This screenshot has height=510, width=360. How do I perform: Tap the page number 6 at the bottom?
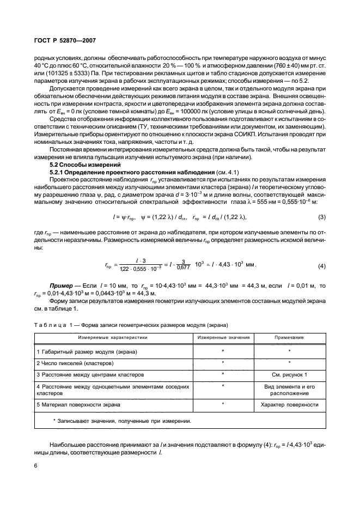35,466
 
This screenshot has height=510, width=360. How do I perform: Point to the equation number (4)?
321,266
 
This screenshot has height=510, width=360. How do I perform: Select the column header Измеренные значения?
223,338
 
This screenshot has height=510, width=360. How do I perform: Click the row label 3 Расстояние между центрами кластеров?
90,374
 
